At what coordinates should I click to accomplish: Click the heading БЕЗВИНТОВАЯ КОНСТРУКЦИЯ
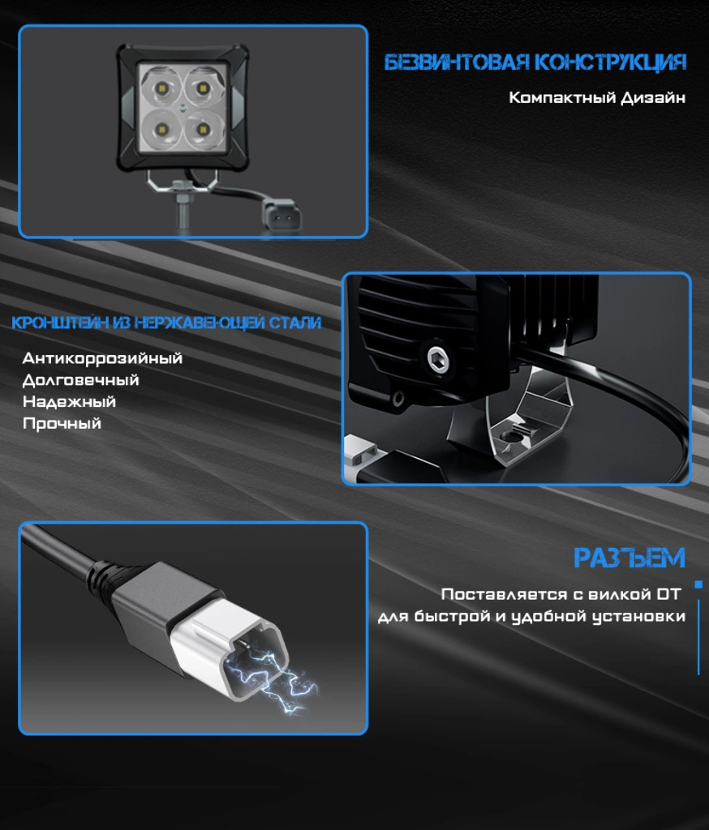pos(535,62)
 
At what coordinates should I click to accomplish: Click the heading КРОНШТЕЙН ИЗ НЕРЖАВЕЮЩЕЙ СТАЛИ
pos(166,323)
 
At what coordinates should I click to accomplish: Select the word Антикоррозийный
pos(102,358)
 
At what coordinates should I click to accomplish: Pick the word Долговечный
pos(80,380)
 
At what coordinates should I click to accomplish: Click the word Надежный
pos(69,402)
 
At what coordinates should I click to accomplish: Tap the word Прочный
pos(62,423)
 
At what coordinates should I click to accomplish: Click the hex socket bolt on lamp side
pos(438,359)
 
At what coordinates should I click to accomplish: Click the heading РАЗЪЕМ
pos(630,558)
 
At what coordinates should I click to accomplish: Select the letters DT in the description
pos(668,594)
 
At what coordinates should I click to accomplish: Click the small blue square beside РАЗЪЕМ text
pos(698,584)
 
